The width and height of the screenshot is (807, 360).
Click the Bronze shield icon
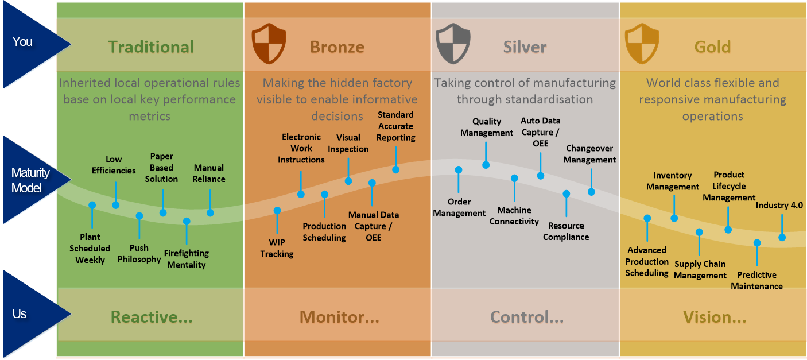pos(269,45)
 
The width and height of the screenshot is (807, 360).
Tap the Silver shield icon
pos(453,45)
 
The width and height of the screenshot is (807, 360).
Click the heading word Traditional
pos(151,47)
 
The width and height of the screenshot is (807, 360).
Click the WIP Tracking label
pos(277,248)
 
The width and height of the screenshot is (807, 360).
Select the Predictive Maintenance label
pos(756,280)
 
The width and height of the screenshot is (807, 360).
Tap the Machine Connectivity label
pos(514,216)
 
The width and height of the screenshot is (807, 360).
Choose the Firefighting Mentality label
pos(186,259)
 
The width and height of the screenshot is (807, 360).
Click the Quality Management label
pos(487,127)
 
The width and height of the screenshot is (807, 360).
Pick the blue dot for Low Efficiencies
pos(116,204)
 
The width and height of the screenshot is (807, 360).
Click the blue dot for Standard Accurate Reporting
pos(395,169)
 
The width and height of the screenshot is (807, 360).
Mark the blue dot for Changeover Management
pos(591,191)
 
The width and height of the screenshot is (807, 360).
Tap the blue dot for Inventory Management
pos(674,218)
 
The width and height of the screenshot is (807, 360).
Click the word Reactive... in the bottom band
pos(151,317)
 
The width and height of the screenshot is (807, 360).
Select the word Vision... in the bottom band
pos(714,317)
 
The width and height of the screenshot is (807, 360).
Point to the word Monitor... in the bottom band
pos(339,317)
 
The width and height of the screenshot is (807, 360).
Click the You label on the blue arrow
pos(22,41)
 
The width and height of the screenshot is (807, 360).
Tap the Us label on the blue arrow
pos(20,314)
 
